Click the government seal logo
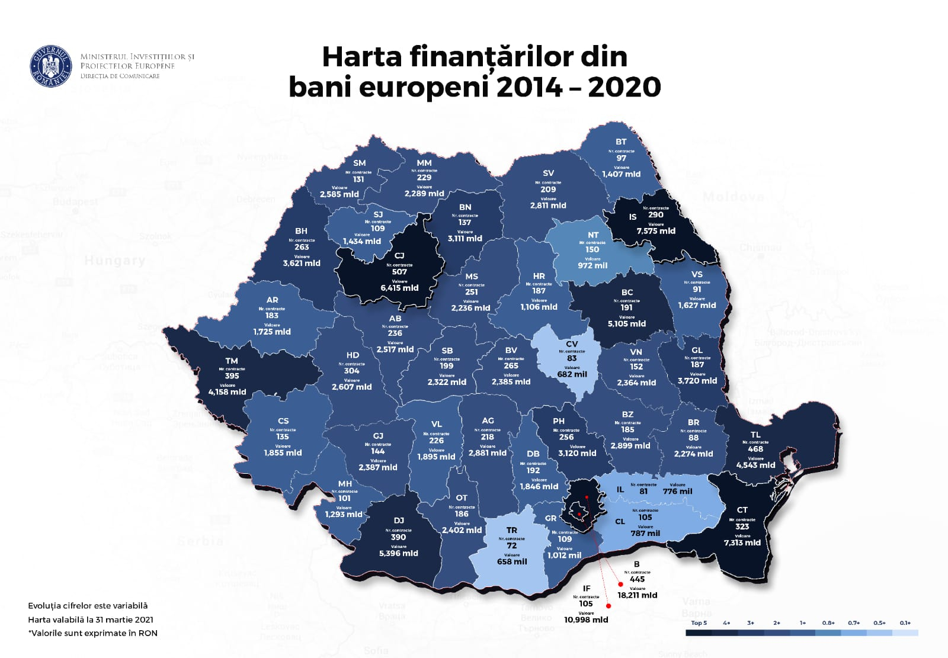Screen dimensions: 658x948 [x=50, y=66]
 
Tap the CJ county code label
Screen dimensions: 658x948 [x=399, y=256]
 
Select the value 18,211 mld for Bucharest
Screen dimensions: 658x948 [x=637, y=595]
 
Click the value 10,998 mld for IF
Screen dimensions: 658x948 [x=585, y=620]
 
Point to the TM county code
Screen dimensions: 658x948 [x=232, y=361]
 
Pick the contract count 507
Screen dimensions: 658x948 [x=399, y=272]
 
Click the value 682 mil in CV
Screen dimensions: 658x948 [x=572, y=374]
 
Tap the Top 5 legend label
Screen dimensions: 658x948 [x=699, y=622]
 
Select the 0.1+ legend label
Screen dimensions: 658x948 [x=905, y=622]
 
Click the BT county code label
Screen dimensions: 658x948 [x=621, y=142]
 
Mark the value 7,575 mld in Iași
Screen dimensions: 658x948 [x=656, y=231]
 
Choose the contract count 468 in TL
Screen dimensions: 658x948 [x=755, y=449]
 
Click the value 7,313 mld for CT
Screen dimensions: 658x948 [x=742, y=543]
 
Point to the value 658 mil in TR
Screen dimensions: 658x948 [x=512, y=561]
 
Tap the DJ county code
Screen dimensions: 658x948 [x=399, y=521]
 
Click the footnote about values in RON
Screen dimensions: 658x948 [x=92, y=633]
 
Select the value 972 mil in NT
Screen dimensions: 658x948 [x=592, y=265]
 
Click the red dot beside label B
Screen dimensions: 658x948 [x=620, y=584]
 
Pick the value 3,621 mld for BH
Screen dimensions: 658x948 [x=302, y=263]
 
